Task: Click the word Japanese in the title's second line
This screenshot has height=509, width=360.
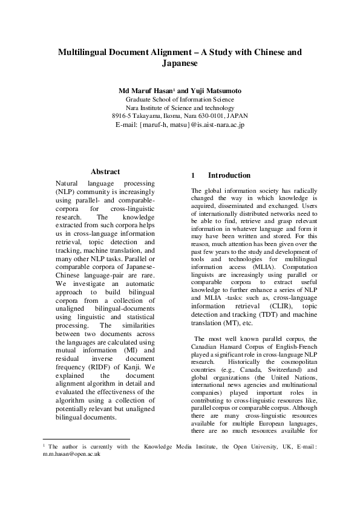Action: tap(180, 63)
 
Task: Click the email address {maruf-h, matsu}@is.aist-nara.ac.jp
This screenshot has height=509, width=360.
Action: tap(180, 125)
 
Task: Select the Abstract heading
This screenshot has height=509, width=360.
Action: tap(105, 172)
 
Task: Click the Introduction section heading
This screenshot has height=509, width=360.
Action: tap(229, 175)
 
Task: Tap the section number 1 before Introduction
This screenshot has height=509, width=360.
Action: tap(192, 175)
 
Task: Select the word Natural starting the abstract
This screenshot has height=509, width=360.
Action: tap(68, 183)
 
